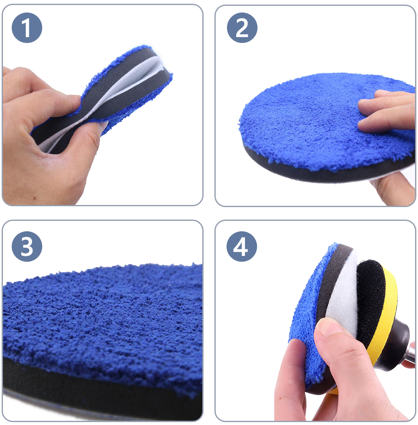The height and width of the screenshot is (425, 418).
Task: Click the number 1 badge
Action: coord(27,28)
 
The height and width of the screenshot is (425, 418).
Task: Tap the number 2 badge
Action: coord(242,28)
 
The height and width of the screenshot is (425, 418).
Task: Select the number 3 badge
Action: coord(27,246)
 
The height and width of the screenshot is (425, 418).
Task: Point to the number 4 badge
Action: coord(242,246)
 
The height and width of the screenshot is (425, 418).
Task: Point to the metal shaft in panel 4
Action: coord(412,352)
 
